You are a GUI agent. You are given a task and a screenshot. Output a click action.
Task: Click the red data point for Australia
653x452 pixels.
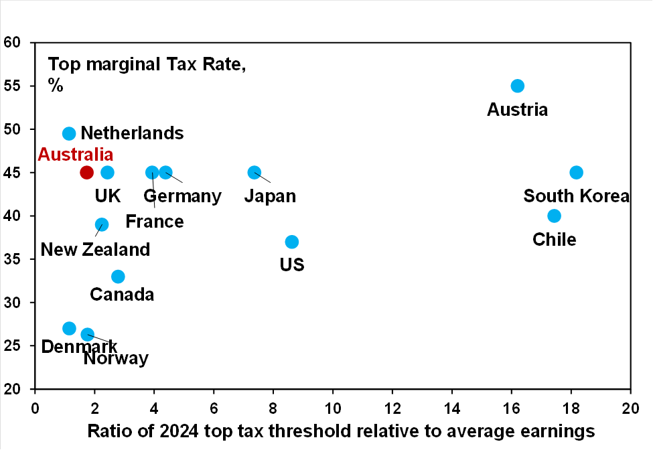[x=86, y=172]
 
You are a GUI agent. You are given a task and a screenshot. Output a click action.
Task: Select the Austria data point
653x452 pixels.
[x=517, y=86]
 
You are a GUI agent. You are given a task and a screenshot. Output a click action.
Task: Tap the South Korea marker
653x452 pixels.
[x=576, y=172]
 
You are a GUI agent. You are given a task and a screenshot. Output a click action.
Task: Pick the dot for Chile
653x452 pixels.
[x=554, y=216]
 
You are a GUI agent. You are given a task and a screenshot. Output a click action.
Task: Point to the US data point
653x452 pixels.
[x=291, y=242]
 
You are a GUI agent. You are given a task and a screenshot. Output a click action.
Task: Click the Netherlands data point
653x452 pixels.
[x=69, y=133]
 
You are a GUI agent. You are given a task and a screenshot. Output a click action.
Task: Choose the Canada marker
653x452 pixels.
[x=118, y=277]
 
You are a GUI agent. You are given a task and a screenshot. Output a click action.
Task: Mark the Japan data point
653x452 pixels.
[x=254, y=172]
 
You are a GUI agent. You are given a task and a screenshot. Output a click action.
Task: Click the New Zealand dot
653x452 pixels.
[x=102, y=224]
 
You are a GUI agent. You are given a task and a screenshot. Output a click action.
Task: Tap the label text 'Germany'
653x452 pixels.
[x=182, y=196]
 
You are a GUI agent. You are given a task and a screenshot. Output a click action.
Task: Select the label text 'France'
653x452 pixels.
[x=154, y=221]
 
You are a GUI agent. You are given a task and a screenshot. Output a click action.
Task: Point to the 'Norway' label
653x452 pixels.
[x=116, y=358]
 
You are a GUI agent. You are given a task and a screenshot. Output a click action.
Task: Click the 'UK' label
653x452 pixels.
[x=107, y=196]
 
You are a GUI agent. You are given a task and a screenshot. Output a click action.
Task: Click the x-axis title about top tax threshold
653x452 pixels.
[x=341, y=432]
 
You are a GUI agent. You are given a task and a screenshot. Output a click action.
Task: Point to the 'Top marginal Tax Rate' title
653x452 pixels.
[x=147, y=65]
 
